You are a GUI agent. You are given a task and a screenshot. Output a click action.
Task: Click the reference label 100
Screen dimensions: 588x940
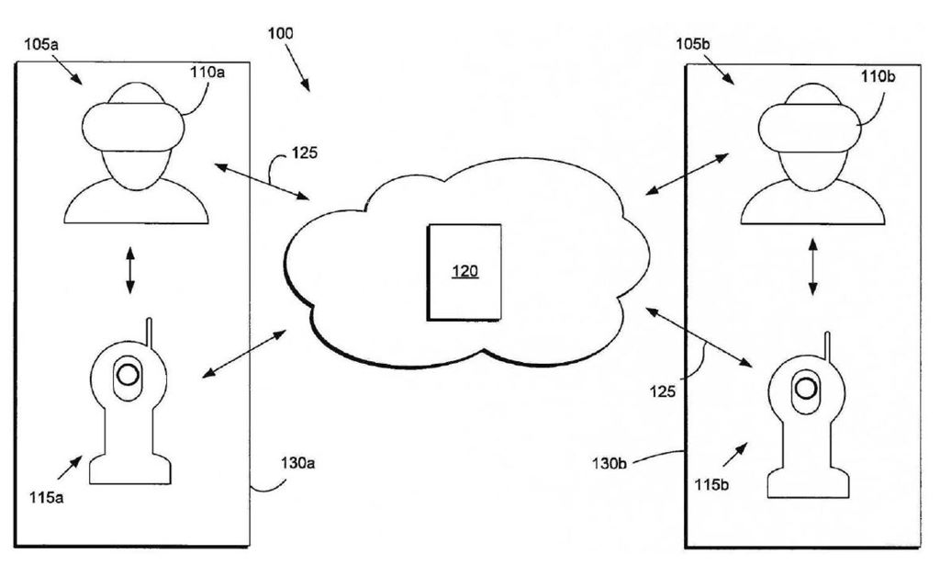click(280, 34)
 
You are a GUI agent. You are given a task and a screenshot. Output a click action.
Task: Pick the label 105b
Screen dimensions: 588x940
click(692, 43)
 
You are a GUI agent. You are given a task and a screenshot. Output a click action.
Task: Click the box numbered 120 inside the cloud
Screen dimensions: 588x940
click(465, 272)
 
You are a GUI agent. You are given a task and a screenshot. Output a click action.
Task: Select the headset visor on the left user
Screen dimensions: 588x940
click(134, 127)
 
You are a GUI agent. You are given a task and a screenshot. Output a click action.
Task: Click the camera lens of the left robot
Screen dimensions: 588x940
click(129, 374)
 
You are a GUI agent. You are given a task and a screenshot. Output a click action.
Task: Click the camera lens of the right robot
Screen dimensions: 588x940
click(806, 389)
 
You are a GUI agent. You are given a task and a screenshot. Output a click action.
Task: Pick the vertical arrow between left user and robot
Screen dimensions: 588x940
click(129, 270)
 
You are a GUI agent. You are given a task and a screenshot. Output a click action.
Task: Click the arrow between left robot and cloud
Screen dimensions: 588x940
click(244, 354)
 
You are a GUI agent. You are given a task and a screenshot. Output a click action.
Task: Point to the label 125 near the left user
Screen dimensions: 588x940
click(305, 153)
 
